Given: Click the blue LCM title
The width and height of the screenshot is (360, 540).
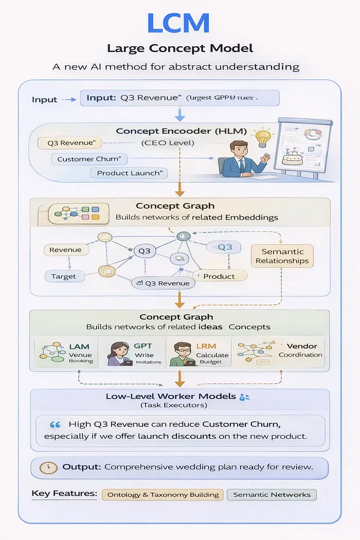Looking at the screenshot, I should pyautogui.click(x=178, y=23).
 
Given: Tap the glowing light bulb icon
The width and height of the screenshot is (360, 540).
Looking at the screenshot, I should pyautogui.click(x=263, y=138).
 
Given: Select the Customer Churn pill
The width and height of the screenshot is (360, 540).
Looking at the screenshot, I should pyautogui.click(x=89, y=159).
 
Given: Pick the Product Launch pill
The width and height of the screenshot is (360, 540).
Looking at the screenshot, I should pyautogui.click(x=129, y=173).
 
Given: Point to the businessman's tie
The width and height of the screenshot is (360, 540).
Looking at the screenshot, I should pyautogui.click(x=242, y=166).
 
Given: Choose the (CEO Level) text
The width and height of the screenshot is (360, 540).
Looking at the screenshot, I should pyautogui.click(x=168, y=143).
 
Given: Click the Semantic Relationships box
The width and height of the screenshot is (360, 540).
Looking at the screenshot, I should pyautogui.click(x=282, y=256).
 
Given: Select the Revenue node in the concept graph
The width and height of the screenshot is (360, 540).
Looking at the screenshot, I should pyautogui.click(x=65, y=250).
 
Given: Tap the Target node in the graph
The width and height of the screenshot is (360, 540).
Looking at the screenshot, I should pyautogui.click(x=63, y=276).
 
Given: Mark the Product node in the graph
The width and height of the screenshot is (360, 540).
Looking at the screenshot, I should pyautogui.click(x=219, y=276).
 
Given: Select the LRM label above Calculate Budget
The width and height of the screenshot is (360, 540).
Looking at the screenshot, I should pyautogui.click(x=206, y=346).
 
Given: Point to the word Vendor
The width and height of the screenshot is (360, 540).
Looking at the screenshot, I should pyautogui.click(x=302, y=346).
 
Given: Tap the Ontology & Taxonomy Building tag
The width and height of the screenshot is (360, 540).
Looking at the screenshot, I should pyautogui.click(x=163, y=495).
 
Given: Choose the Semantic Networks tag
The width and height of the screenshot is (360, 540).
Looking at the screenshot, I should pyautogui.click(x=272, y=495).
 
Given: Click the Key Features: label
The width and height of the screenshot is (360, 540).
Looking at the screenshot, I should pyautogui.click(x=64, y=494).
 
